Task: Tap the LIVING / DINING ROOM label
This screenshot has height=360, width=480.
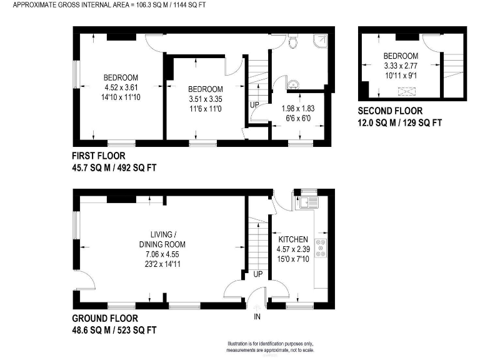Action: [162, 239]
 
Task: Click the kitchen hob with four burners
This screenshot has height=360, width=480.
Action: [322, 247]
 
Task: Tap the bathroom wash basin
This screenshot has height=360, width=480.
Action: [292, 84]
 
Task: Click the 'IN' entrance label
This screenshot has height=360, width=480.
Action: [257, 317]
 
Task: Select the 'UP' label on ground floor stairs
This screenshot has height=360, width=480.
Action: [257, 274]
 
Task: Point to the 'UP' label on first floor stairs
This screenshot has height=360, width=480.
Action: [255, 104]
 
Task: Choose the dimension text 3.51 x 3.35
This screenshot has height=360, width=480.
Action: [205, 99]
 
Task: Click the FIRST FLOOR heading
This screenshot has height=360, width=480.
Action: [99, 156]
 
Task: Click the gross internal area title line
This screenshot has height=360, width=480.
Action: [109, 5]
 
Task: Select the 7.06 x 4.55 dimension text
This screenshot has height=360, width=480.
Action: [162, 254]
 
